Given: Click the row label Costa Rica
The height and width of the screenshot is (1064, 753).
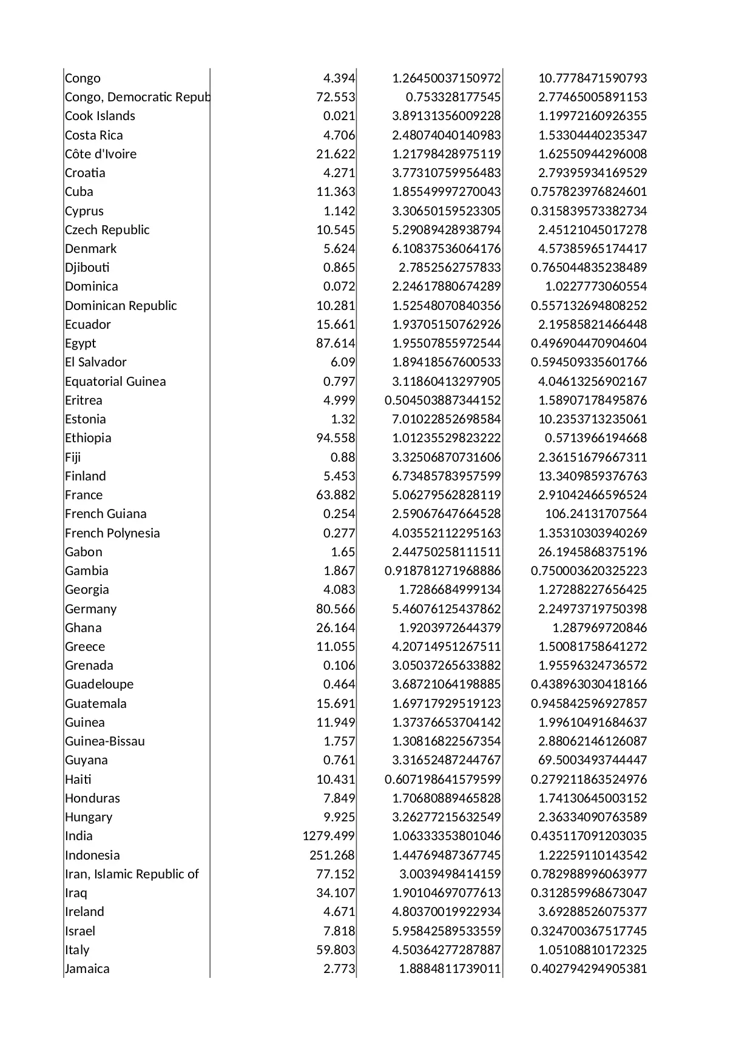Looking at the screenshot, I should tap(94, 135).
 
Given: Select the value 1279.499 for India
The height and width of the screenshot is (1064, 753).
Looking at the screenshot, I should tap(328, 836).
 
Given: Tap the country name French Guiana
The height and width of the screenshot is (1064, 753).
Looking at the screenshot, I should tap(106, 514).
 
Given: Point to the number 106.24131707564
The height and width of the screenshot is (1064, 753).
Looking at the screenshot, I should tap(596, 514).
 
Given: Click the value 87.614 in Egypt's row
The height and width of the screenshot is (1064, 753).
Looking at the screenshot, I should tap(336, 343).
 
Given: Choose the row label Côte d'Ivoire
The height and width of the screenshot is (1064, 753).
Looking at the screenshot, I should tap(101, 154).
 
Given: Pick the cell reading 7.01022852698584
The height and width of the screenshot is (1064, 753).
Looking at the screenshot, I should tap(447, 419).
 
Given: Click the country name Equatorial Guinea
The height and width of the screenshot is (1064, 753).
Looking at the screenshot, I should tap(115, 382).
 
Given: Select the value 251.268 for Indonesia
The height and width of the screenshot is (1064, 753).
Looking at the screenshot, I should tap(332, 855).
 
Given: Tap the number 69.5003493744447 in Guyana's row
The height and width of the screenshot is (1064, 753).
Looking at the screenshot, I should tap(592, 760).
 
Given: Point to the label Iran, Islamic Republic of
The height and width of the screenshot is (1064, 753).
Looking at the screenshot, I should tap(132, 874).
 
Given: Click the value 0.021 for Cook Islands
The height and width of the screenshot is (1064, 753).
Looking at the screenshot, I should tap(339, 116).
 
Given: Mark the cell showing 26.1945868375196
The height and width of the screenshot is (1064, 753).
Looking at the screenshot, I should tap(592, 552).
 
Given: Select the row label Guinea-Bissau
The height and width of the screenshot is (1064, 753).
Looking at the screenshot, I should tap(105, 741).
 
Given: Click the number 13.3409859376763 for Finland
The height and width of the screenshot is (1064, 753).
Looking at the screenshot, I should tap(592, 476).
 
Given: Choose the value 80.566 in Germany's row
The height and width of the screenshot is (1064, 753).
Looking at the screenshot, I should tap(336, 609).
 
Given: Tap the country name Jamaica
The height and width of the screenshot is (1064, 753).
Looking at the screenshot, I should tap(87, 969).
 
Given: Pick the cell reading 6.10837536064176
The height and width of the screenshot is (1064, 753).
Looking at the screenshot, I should tap(447, 249).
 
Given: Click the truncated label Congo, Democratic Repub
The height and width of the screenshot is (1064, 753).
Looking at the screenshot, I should tap(137, 97).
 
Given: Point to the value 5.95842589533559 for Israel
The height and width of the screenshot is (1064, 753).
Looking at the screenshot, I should tap(447, 931).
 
